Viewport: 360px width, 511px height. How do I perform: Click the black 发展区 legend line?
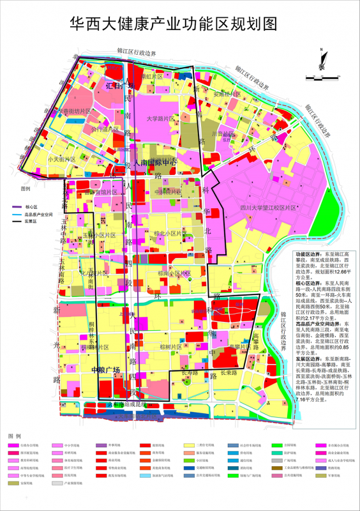15,221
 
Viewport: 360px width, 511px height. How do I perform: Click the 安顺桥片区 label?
227,94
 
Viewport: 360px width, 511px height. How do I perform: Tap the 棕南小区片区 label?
167,273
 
